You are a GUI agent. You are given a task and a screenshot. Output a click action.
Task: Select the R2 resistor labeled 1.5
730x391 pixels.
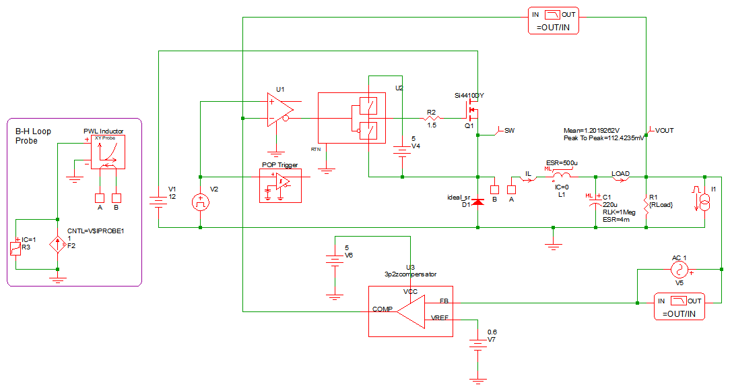pos(432,119)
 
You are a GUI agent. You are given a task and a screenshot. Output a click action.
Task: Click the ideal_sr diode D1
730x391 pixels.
pos(477,202)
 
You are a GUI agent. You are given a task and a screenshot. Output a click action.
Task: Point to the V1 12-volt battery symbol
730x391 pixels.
pos(158,202)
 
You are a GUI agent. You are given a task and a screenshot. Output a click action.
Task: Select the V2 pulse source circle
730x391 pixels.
pos(201,202)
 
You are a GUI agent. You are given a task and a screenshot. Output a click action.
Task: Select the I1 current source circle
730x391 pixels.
pos(704,202)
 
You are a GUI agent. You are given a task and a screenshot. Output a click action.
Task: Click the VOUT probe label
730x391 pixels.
pos(664,131)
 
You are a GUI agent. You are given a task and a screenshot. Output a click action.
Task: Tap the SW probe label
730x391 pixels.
pos(510,130)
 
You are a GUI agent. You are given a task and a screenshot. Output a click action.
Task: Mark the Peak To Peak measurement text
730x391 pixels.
pos(603,138)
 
